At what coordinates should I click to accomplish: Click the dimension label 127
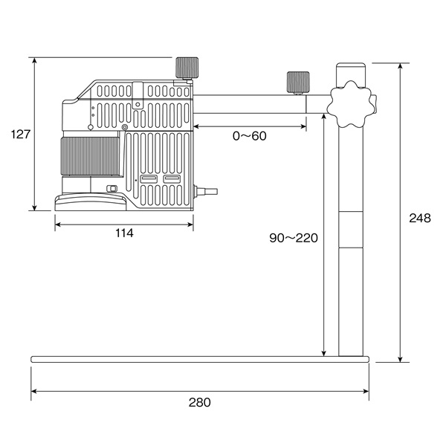[21, 135]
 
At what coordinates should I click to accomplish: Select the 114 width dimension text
[124, 233]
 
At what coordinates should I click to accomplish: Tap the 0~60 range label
[250, 136]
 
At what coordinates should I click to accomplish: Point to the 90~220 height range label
[294, 238]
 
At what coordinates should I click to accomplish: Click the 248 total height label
[420, 218]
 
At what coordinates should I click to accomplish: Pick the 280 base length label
[200, 402]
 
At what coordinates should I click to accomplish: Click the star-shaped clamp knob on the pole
[352, 104]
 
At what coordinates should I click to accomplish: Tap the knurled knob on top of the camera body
[187, 68]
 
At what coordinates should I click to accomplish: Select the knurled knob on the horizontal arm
[298, 83]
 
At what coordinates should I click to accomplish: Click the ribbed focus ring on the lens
[90, 156]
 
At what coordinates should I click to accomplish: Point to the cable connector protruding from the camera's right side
[205, 192]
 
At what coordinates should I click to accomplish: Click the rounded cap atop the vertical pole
[351, 74]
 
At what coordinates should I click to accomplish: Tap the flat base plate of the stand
[200, 359]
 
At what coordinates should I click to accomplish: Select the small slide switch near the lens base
[111, 189]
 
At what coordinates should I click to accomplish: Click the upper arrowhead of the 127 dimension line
[35, 60]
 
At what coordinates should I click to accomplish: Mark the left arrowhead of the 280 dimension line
[34, 392]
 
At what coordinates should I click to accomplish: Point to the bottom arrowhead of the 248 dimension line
[400, 359]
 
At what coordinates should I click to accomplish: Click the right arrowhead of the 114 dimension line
[190, 224]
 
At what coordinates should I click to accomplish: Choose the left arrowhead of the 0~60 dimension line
[196, 126]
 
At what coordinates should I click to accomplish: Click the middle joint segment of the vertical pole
[351, 230]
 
